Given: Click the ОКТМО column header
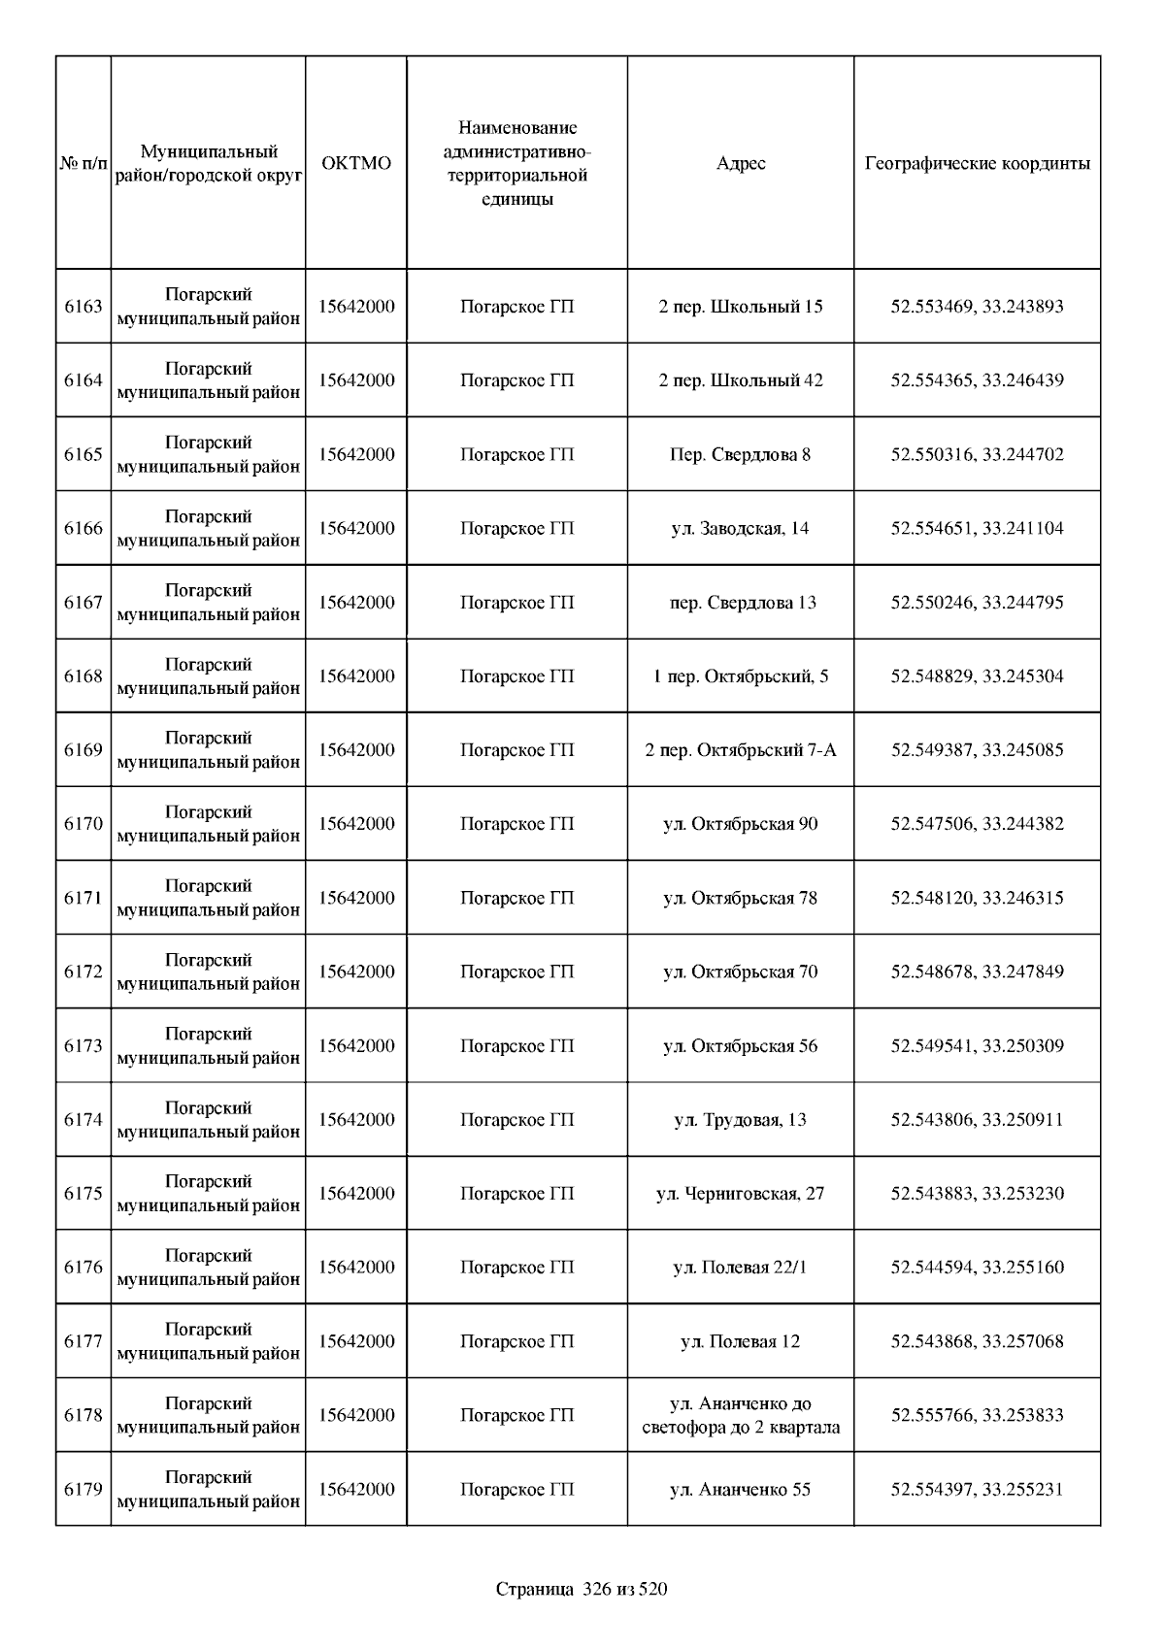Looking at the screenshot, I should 356,163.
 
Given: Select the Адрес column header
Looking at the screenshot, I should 741,163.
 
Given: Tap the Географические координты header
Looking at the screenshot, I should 977,163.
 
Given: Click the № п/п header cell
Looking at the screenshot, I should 83,163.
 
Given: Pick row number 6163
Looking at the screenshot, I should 83,307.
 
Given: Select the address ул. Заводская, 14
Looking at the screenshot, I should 741,529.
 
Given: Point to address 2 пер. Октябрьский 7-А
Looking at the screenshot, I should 741,750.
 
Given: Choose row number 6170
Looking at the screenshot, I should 83,824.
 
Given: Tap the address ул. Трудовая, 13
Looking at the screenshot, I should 741,1120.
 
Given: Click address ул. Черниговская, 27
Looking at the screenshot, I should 741,1194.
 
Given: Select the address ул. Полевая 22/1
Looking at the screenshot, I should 741,1268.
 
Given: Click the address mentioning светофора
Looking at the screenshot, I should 741,1416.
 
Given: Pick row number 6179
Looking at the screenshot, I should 83,1490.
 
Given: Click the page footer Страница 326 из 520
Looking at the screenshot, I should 582,1590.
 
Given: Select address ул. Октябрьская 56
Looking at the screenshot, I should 741,1046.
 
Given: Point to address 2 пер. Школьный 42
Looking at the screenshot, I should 741,380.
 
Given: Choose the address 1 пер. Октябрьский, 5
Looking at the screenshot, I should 741,676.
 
